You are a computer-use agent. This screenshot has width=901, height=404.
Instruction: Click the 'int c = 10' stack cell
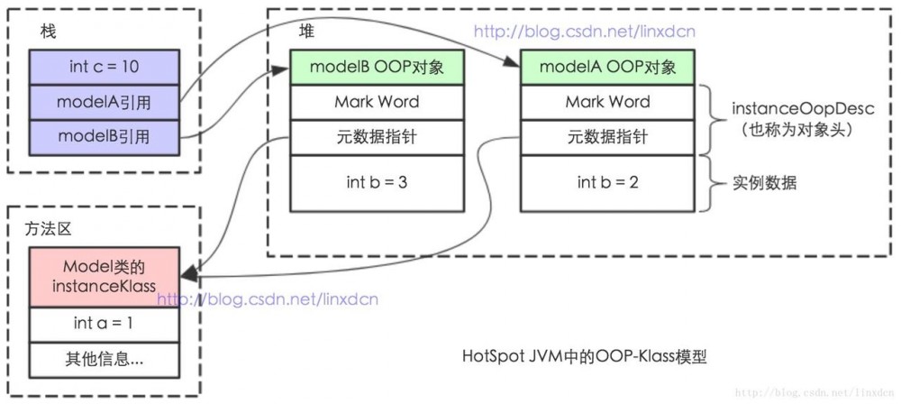point(104,67)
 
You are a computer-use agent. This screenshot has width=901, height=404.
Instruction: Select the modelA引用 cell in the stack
point(104,102)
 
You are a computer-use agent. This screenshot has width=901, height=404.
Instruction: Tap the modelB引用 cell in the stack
point(104,136)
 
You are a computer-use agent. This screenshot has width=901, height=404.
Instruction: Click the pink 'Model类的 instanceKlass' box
point(104,277)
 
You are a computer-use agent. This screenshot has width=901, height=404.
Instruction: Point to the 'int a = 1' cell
point(104,323)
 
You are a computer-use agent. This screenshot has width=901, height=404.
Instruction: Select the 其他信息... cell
point(104,360)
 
